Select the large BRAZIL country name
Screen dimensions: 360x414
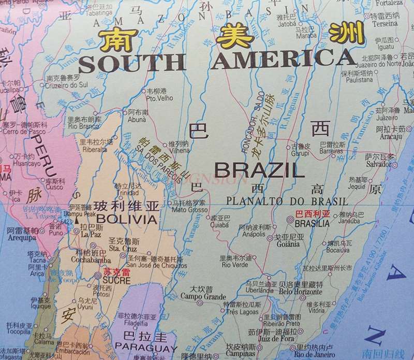(259, 169)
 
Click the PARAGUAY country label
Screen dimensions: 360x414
(145, 348)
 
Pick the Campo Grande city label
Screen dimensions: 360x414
(203, 297)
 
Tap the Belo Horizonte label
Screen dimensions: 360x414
(301, 292)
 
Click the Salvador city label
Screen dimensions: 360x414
(378, 164)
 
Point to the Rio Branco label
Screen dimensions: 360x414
(80, 126)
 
